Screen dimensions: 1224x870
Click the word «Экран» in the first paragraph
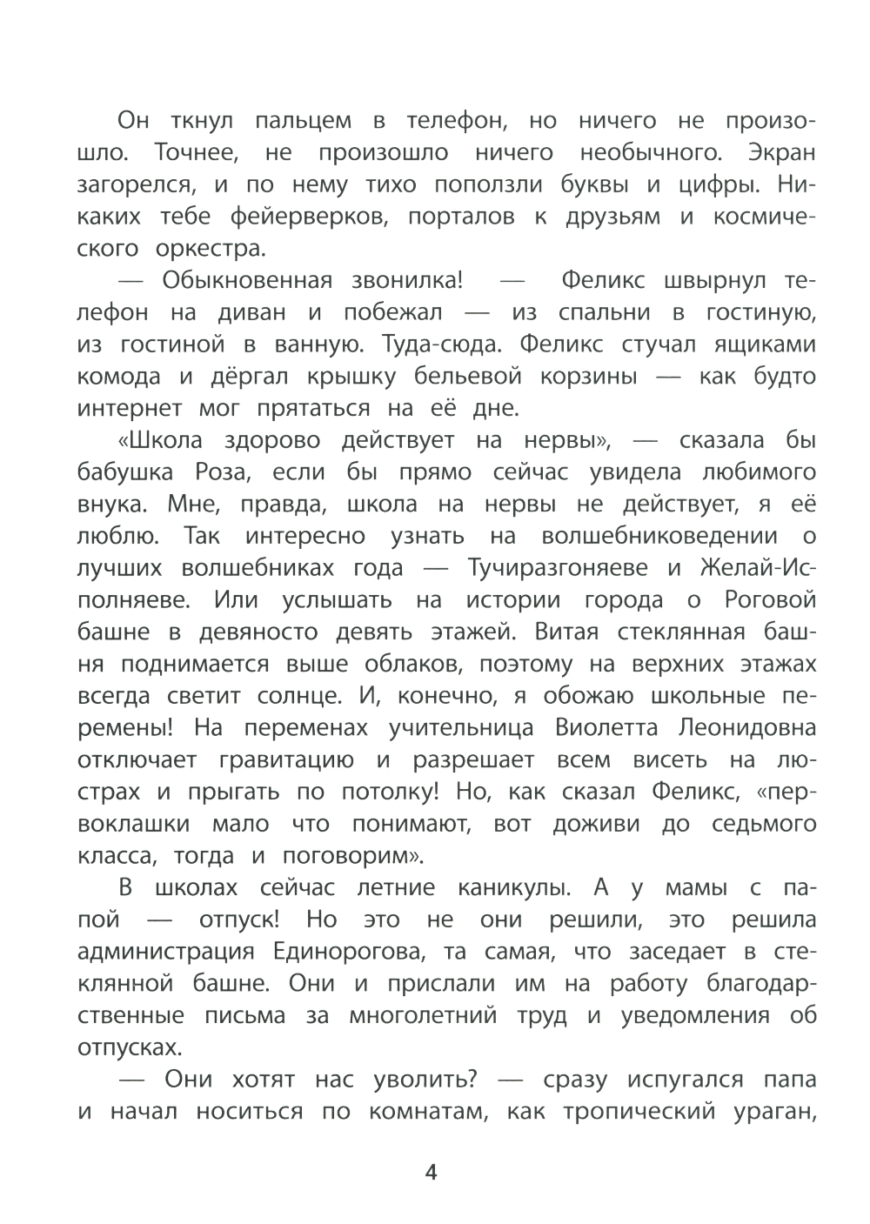[781, 152]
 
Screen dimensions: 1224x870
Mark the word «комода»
[119, 377]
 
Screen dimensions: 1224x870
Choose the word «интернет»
[130, 408]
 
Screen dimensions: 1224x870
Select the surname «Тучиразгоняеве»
[558, 568]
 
